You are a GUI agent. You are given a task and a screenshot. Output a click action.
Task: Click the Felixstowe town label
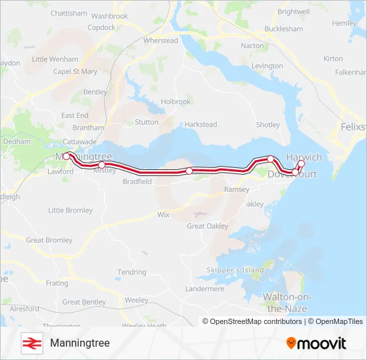[353, 127]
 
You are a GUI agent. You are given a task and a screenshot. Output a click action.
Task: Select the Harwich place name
[304, 157]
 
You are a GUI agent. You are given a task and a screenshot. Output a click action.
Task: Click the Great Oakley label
[207, 226]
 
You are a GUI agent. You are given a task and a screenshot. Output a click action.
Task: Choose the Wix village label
[163, 215]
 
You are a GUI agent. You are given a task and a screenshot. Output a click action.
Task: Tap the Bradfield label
[137, 181]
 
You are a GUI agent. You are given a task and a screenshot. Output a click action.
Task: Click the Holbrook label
[175, 102]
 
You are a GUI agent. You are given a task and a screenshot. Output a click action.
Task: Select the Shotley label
[268, 125]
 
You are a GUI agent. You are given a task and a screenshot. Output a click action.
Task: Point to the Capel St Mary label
[75, 71]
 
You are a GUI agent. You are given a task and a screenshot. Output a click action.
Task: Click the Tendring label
[131, 272]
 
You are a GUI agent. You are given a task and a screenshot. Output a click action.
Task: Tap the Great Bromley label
[49, 240]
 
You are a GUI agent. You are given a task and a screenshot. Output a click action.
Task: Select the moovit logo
[316, 343]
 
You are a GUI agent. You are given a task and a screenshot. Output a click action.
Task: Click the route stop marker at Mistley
[101, 165]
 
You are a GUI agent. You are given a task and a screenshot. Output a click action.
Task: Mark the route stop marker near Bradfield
[189, 171]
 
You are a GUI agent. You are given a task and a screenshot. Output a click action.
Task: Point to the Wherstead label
[161, 41]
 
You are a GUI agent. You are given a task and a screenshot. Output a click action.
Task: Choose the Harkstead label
[201, 125]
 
